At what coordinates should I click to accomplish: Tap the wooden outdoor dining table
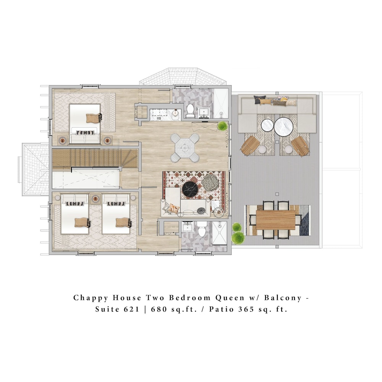tap(275, 220)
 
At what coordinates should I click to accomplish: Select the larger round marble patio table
tap(283, 127)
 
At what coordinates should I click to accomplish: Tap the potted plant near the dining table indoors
tap(222, 126)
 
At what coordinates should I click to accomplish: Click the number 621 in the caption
tap(131, 309)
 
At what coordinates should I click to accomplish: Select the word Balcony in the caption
tap(283, 298)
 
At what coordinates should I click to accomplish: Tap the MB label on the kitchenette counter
tap(159, 118)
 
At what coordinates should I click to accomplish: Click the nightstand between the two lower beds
tap(95, 199)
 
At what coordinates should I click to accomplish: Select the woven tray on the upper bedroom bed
tap(94, 118)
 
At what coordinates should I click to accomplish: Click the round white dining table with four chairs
tap(185, 147)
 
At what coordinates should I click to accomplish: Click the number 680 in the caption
tap(159, 309)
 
